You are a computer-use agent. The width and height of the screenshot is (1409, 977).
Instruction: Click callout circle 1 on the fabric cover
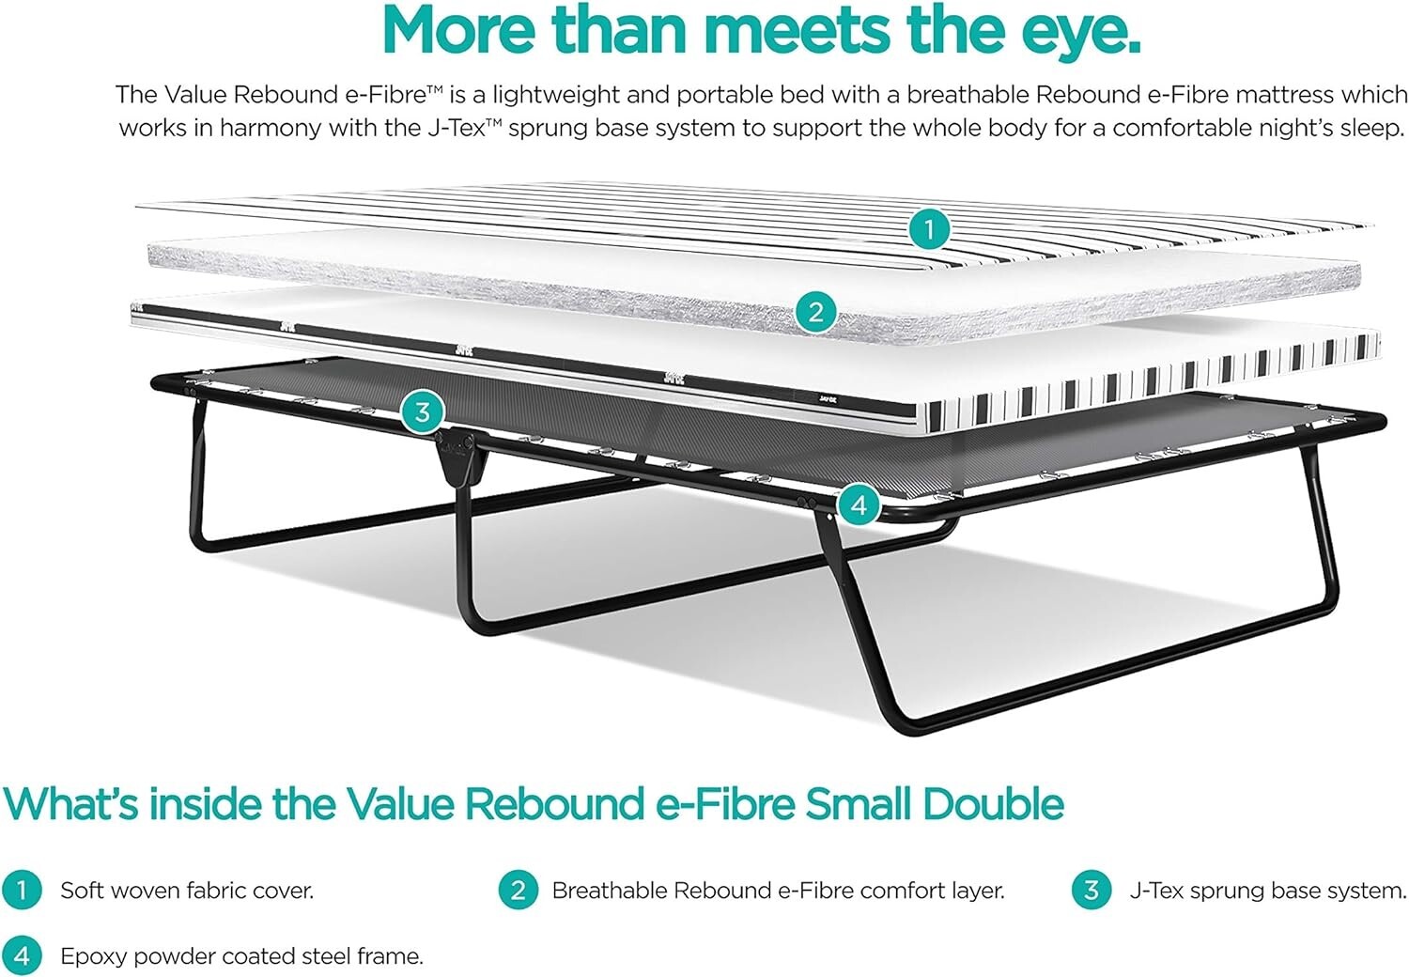[930, 228]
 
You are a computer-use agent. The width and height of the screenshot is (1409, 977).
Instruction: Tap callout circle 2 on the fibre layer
[815, 310]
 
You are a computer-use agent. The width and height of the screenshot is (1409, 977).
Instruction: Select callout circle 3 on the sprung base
[423, 411]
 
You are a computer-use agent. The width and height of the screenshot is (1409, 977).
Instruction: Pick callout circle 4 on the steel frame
[858, 505]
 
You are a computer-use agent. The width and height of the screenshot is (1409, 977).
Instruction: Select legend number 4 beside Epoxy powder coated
[22, 956]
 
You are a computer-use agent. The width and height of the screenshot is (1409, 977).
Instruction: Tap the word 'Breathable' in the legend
[609, 891]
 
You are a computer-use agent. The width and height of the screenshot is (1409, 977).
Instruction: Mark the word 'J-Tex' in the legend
[1156, 891]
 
